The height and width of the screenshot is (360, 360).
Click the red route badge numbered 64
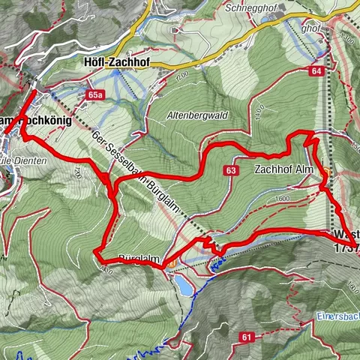click(315, 70)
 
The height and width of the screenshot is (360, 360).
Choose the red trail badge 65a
click(94, 95)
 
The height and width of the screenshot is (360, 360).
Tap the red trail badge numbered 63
click(230, 172)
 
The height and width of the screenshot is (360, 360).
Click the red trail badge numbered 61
click(246, 338)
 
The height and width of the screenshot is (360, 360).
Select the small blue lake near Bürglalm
click(184, 284)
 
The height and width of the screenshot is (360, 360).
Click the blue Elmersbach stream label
click(337, 315)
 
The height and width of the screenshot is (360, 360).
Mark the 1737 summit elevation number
click(346, 247)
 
